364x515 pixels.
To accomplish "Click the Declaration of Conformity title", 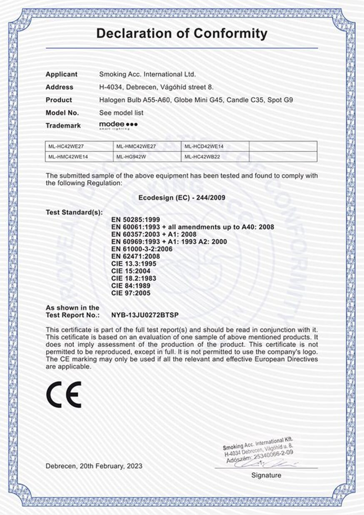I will pos(182,33).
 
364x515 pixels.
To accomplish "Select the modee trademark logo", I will pos(118,125).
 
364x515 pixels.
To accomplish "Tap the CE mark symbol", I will pos(64,394).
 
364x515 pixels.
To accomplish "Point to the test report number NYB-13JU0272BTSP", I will pos(147,314).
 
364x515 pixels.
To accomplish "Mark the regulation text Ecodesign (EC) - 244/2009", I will pos(182,198).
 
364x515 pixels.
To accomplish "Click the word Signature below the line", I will pos(266,475).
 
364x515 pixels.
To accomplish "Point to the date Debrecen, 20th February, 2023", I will pos(94,466).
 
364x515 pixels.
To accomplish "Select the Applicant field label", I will pos(61,74).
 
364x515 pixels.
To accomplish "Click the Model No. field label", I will pos(62,113).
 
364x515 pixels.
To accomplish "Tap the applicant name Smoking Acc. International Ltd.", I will pos(147,74).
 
